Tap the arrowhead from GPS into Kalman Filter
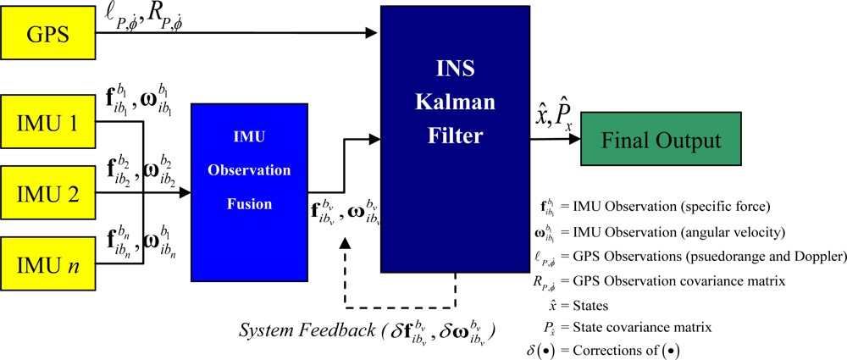click(373, 34)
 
